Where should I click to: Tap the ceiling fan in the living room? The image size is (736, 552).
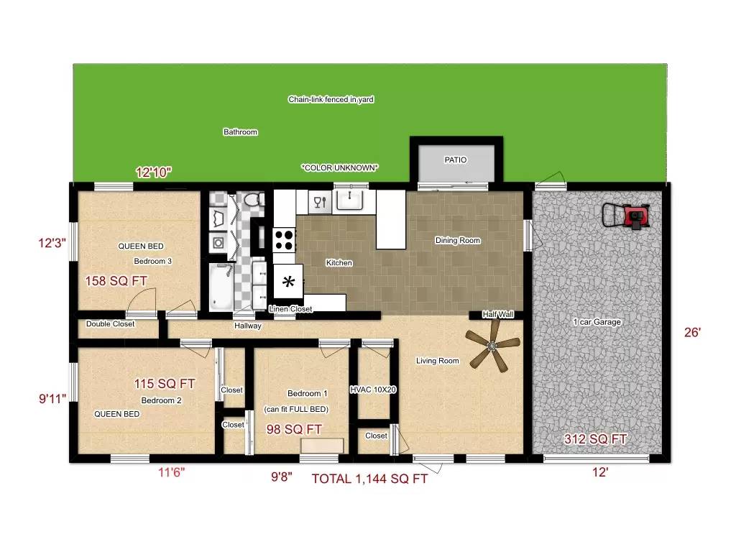pos(492,347)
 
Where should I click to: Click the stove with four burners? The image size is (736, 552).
pos(284,239)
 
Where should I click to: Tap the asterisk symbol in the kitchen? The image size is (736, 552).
pos(290,282)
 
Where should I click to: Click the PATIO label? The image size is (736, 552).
pos(455,160)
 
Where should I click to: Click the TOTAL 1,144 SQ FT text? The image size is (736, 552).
pos(369,479)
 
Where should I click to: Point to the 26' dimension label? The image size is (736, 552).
pos(691,333)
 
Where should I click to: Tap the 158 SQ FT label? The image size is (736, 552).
pos(116,281)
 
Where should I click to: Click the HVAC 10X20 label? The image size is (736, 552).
pos(373,390)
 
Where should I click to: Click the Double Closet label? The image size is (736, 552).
pos(110,324)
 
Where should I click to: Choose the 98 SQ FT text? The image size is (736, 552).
pos(293,429)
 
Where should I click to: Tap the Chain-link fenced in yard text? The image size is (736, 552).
pos(331,100)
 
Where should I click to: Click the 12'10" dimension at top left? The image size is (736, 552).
pos(154,172)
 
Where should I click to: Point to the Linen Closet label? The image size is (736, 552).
pos(290,309)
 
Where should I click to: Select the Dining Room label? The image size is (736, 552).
pos(457,240)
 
